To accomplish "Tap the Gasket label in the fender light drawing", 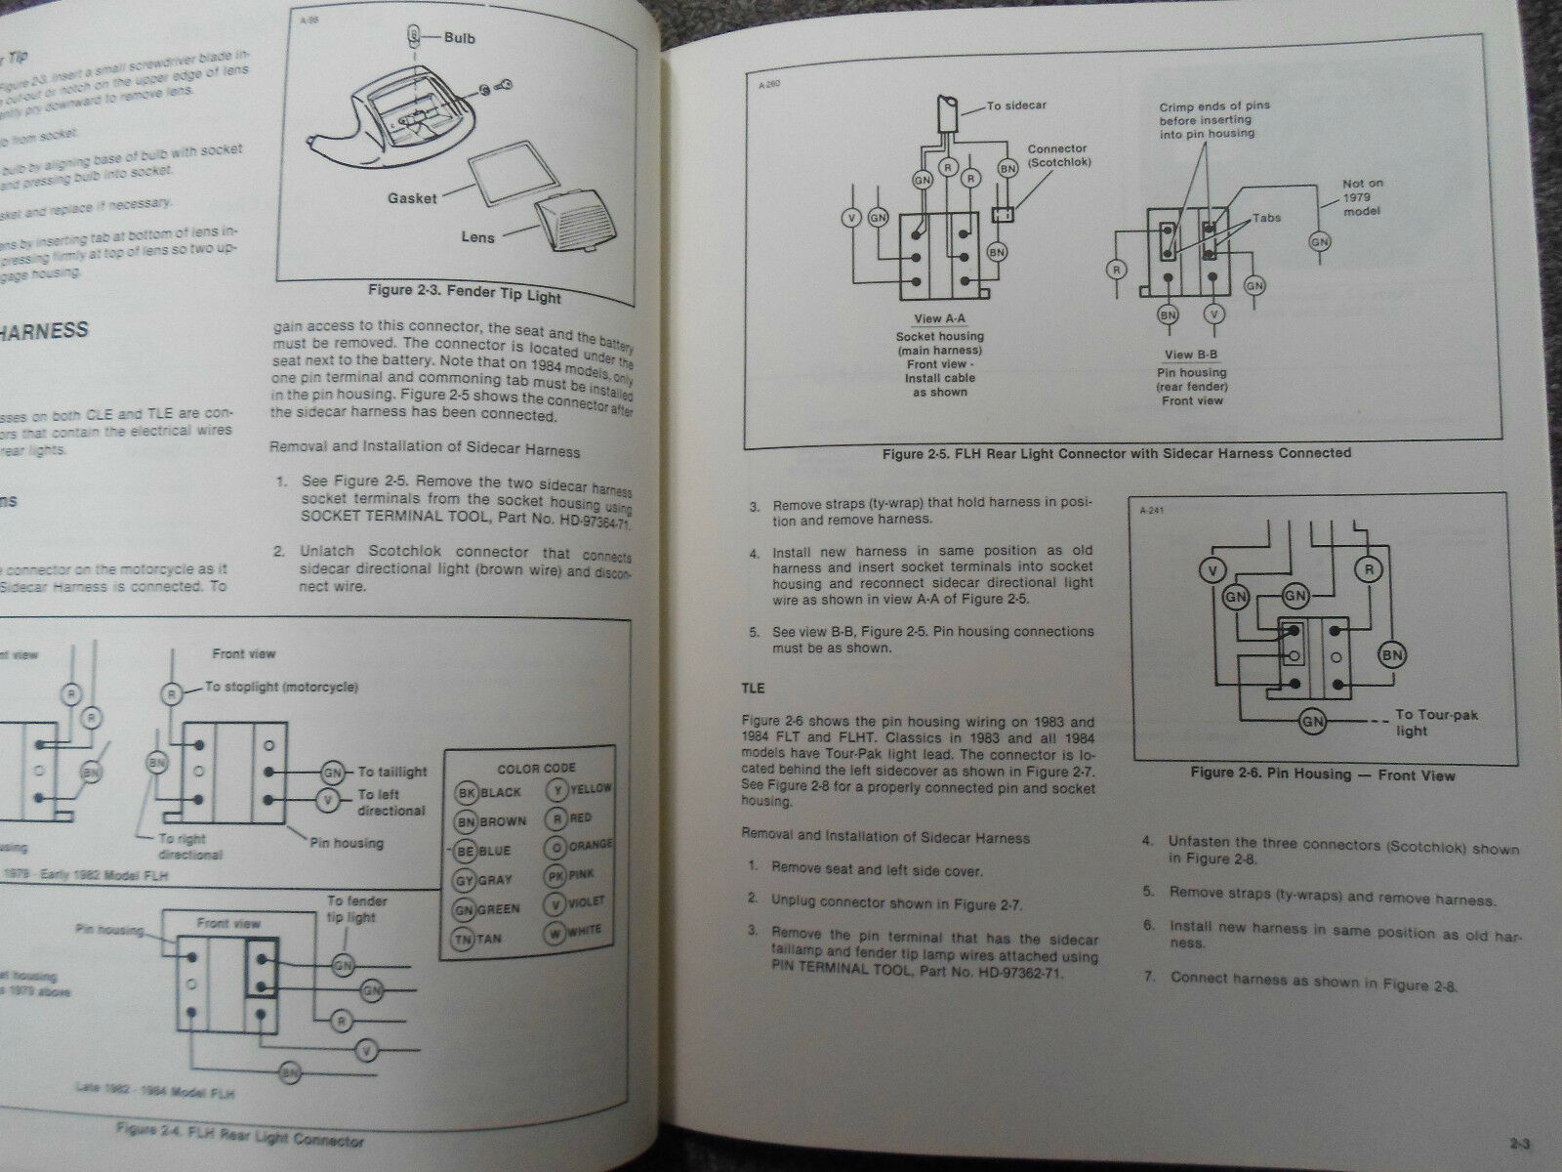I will tap(412, 197).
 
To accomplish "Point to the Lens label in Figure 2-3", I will tap(478, 236).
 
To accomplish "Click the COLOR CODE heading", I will tap(536, 769).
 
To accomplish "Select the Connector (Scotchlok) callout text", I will tap(1056, 156).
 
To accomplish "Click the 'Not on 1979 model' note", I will tap(1362, 198).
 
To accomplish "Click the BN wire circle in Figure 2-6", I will tap(1392, 654).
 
